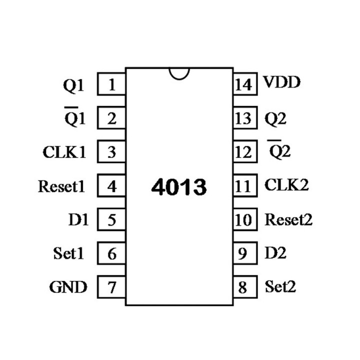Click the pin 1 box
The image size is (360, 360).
pyautogui.click(x=111, y=84)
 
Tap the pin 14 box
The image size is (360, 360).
pyautogui.click(x=243, y=84)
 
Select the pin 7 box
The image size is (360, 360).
pyautogui.click(x=111, y=287)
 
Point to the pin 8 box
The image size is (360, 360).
pyautogui.click(x=243, y=287)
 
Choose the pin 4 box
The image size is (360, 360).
pyautogui.click(x=111, y=186)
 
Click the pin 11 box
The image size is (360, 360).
pyautogui.click(x=243, y=186)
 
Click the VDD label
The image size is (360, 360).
pyautogui.click(x=282, y=82)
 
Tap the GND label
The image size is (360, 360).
pyautogui.click(x=68, y=287)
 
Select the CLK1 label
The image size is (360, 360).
pyautogui.click(x=64, y=152)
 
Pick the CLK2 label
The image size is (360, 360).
pyautogui.click(x=286, y=185)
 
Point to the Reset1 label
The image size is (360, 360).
pyautogui.click(x=61, y=186)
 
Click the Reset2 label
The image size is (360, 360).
pyautogui.click(x=288, y=219)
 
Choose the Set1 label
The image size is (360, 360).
pyautogui.click(x=68, y=253)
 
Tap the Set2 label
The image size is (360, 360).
pyautogui.click(x=280, y=287)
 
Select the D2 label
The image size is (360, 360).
pyautogui.click(x=275, y=253)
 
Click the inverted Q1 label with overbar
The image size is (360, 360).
pyautogui.click(x=75, y=117)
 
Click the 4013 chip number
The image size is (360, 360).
pyautogui.click(x=178, y=187)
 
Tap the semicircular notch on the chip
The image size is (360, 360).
pyautogui.click(x=179, y=73)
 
